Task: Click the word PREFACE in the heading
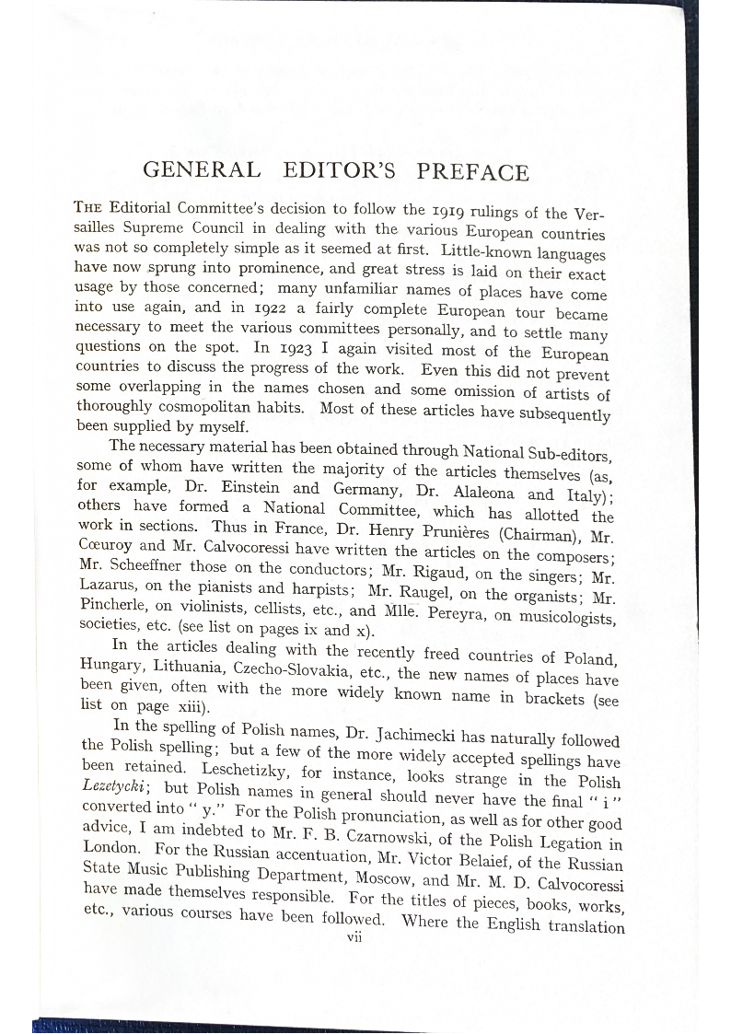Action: (472, 172)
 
